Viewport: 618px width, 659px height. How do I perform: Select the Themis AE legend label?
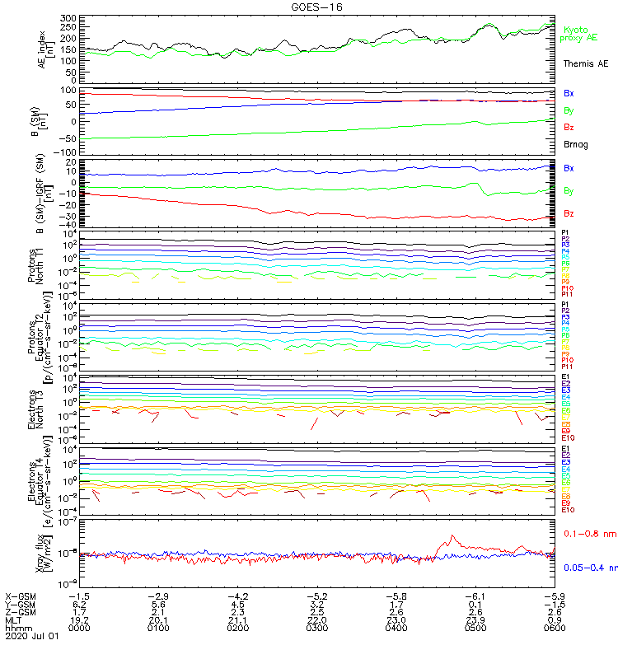pos(584,63)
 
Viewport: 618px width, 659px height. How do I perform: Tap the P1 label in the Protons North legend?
pos(565,233)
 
